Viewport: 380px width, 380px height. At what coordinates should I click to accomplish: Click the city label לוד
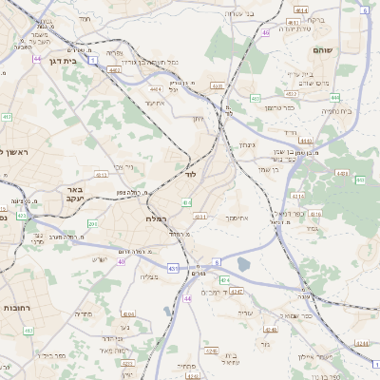pos(190,176)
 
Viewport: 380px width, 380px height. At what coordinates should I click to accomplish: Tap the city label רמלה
pos(158,218)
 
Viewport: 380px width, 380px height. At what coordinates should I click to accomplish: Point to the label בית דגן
pos(62,56)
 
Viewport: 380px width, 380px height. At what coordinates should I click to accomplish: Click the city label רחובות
pos(19,308)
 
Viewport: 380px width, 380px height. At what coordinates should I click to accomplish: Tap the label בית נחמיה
pos(336,111)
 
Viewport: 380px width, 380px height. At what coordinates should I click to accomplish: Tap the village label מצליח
pos(148,276)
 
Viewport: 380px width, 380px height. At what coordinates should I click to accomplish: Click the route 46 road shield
pos(266,33)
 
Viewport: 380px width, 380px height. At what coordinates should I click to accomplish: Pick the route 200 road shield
pos(92,223)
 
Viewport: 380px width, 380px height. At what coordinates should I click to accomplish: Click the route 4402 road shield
pos(115,68)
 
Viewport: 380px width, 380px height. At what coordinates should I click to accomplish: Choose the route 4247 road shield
pos(237,290)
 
